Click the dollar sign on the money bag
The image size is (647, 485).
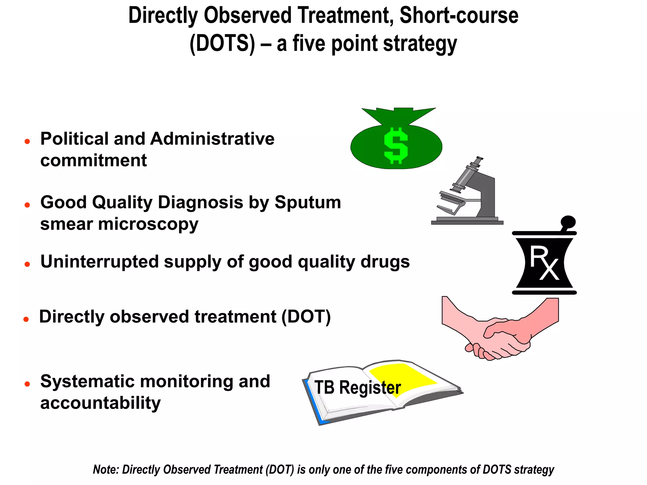[x=396, y=146]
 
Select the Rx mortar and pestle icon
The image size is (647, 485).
[x=544, y=262]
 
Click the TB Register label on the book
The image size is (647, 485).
[x=357, y=387]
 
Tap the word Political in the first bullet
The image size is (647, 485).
[x=75, y=139]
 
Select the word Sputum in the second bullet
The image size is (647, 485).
[x=308, y=202]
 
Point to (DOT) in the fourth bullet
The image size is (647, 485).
[x=306, y=316]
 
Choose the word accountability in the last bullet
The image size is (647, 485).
[x=100, y=403]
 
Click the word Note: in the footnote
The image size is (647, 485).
[x=106, y=470]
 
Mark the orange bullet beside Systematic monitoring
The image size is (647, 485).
[x=27, y=384]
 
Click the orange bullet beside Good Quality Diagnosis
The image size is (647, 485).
[x=27, y=205]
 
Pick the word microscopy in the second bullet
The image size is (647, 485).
[x=148, y=224]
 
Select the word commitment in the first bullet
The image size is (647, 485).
[x=94, y=160]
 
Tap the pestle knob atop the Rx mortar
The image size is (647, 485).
[x=568, y=221]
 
